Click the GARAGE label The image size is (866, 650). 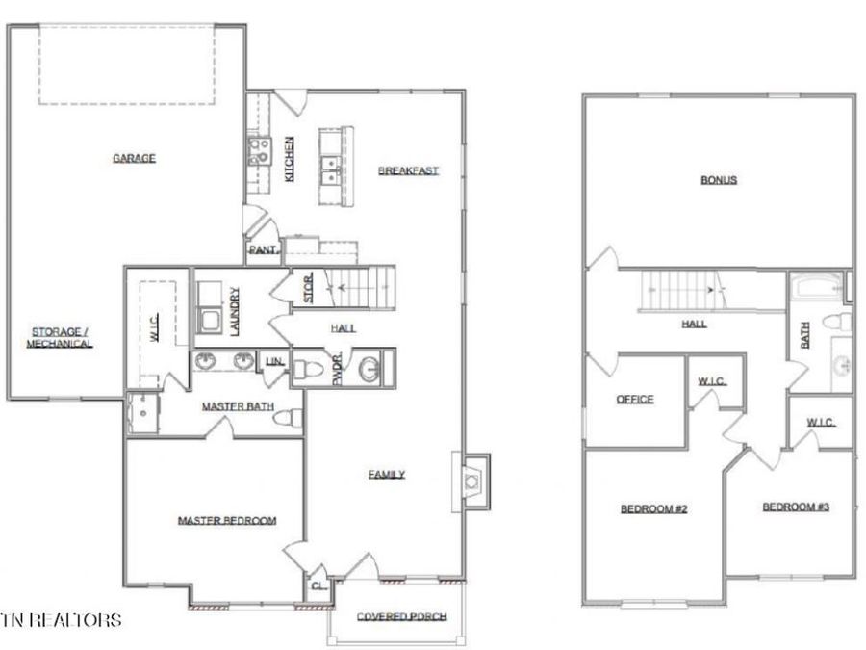pos(134,159)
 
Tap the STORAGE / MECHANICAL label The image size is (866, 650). pos(59,338)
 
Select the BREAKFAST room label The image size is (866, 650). pos(408,170)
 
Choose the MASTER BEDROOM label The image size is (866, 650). pos(227,521)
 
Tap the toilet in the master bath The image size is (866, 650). pos(288,418)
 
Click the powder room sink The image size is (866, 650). pos(369,368)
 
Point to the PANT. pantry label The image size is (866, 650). pos(263,250)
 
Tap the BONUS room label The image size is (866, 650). pos(718,180)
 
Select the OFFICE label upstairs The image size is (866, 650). pos(634,400)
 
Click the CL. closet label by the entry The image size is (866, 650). pos(316,585)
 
